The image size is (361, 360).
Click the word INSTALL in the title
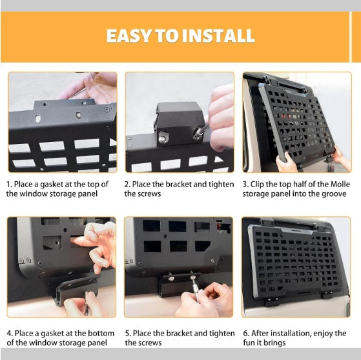click(218, 35)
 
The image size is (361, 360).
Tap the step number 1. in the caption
click(10, 184)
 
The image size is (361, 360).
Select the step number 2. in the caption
click(128, 184)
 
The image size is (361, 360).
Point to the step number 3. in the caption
click(245, 184)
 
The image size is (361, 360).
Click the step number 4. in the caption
click(10, 334)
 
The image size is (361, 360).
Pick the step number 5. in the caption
click(128, 334)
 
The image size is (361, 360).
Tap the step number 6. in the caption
click(246, 334)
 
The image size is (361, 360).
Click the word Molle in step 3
click(338, 184)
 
